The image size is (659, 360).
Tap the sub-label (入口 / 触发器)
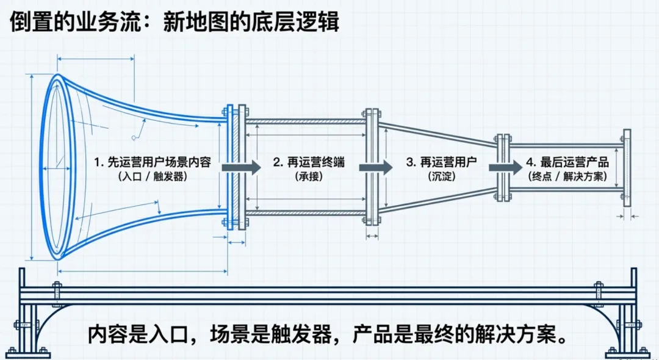tap(153, 176)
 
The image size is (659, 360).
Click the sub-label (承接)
tap(309, 176)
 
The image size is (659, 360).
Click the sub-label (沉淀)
tap(441, 176)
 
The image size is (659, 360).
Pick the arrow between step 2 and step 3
tap(379, 167)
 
